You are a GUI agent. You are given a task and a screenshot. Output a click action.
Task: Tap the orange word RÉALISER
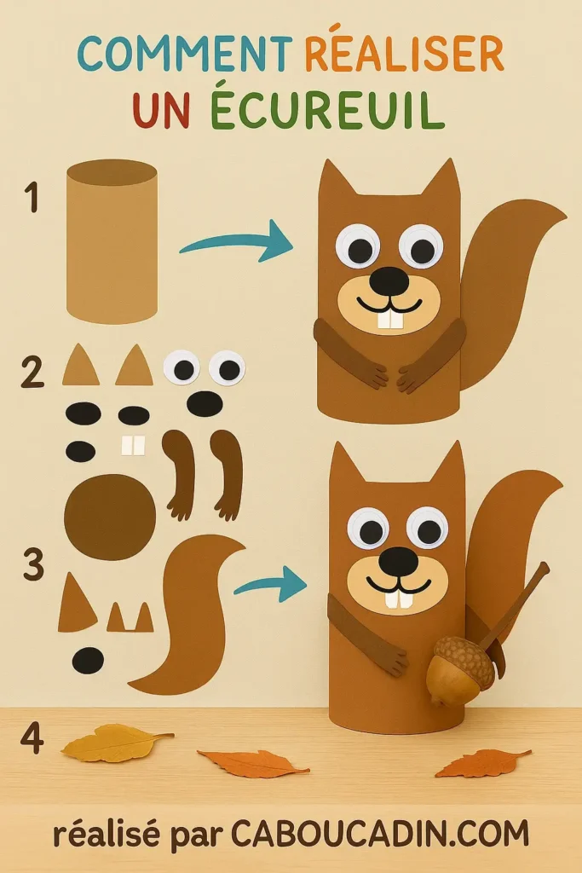point(404,55)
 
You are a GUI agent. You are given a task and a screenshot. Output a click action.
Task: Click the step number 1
point(32,198)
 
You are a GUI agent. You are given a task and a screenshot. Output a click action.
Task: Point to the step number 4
point(32,738)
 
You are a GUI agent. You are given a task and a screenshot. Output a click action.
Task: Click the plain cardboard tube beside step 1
point(112,242)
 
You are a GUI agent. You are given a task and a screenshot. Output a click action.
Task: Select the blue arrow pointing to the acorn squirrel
point(270,585)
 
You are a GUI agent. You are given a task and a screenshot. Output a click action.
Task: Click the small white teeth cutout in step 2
point(134,445)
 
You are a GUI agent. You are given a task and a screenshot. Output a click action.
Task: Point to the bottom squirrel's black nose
point(398,560)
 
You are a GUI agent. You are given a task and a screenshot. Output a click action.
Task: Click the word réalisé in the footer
point(106,833)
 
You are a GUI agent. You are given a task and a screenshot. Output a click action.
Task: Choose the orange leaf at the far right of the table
point(481,762)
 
